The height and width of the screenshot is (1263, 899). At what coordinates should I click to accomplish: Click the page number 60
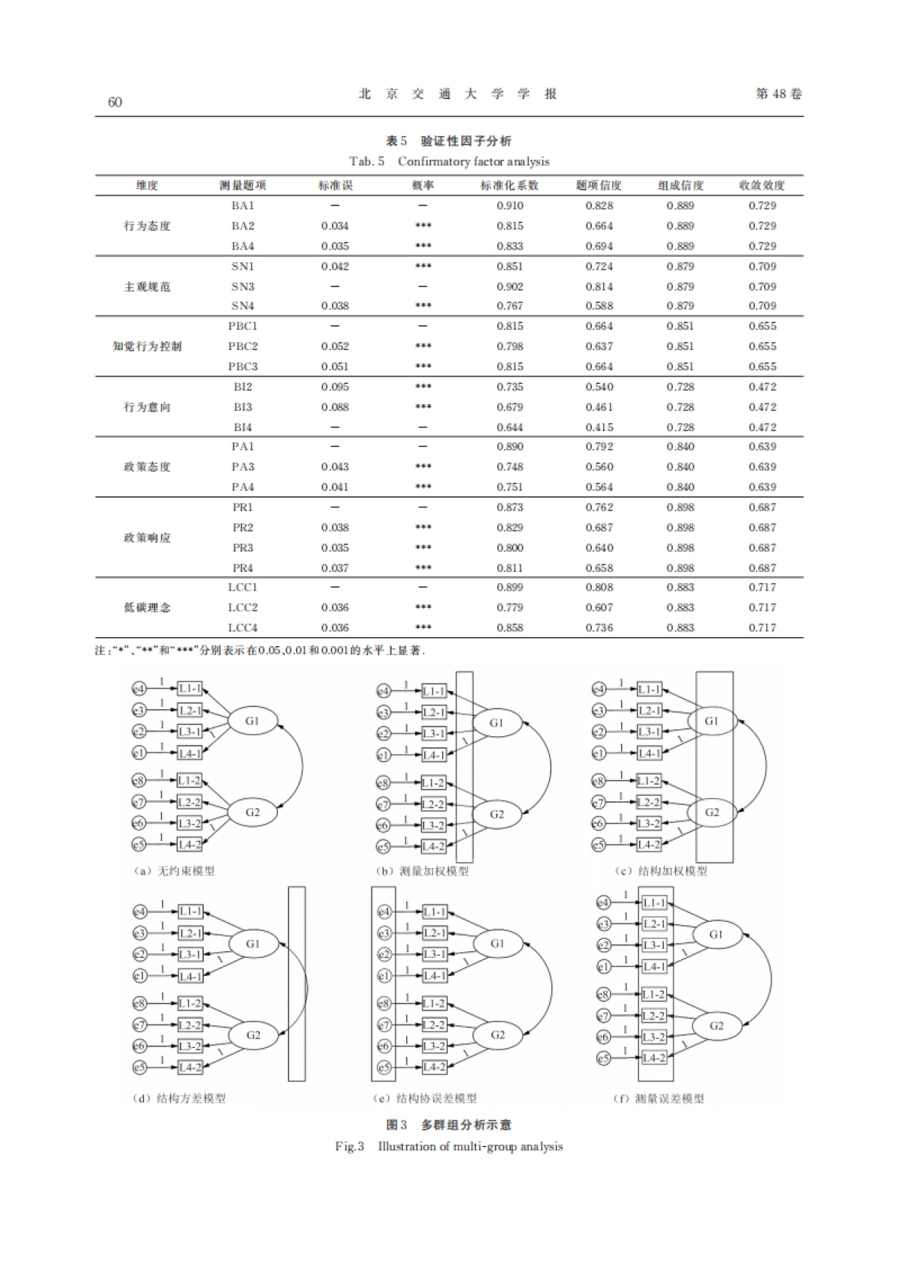pyautogui.click(x=115, y=102)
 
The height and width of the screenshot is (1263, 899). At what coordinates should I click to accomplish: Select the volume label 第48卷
pyautogui.click(x=778, y=94)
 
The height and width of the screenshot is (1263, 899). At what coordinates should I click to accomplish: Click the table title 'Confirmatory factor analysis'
pyautogui.click(x=473, y=161)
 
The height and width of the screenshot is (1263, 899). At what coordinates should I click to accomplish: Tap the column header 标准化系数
pyautogui.click(x=509, y=185)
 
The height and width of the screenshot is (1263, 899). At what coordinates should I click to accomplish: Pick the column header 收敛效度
pyautogui.click(x=762, y=185)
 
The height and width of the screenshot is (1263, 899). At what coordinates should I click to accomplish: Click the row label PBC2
pyautogui.click(x=243, y=346)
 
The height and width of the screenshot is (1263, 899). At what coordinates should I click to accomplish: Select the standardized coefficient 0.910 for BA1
pyautogui.click(x=509, y=205)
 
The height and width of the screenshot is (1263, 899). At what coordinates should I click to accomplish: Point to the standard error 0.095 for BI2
pyautogui.click(x=335, y=387)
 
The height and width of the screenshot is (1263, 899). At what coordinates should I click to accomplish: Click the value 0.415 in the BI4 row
pyautogui.click(x=599, y=427)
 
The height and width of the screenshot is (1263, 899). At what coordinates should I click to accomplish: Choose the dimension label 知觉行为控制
pyautogui.click(x=147, y=346)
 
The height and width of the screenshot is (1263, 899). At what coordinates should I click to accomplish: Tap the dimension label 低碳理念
pyautogui.click(x=147, y=607)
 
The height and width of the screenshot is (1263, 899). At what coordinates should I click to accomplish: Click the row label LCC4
pyautogui.click(x=243, y=627)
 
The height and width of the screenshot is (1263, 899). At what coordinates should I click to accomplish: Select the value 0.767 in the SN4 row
pyautogui.click(x=509, y=306)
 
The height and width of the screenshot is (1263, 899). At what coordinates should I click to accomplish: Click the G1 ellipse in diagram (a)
pyautogui.click(x=252, y=721)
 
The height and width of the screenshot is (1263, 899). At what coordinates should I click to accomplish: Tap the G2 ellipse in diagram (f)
pyautogui.click(x=716, y=1025)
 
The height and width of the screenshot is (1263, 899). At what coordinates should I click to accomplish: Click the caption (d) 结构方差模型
pyautogui.click(x=179, y=1098)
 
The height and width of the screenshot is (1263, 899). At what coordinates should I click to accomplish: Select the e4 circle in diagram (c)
pyautogui.click(x=599, y=689)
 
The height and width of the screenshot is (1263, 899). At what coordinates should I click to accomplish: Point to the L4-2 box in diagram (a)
pyautogui.click(x=190, y=844)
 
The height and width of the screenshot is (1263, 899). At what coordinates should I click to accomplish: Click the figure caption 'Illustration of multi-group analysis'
pyautogui.click(x=470, y=1146)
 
